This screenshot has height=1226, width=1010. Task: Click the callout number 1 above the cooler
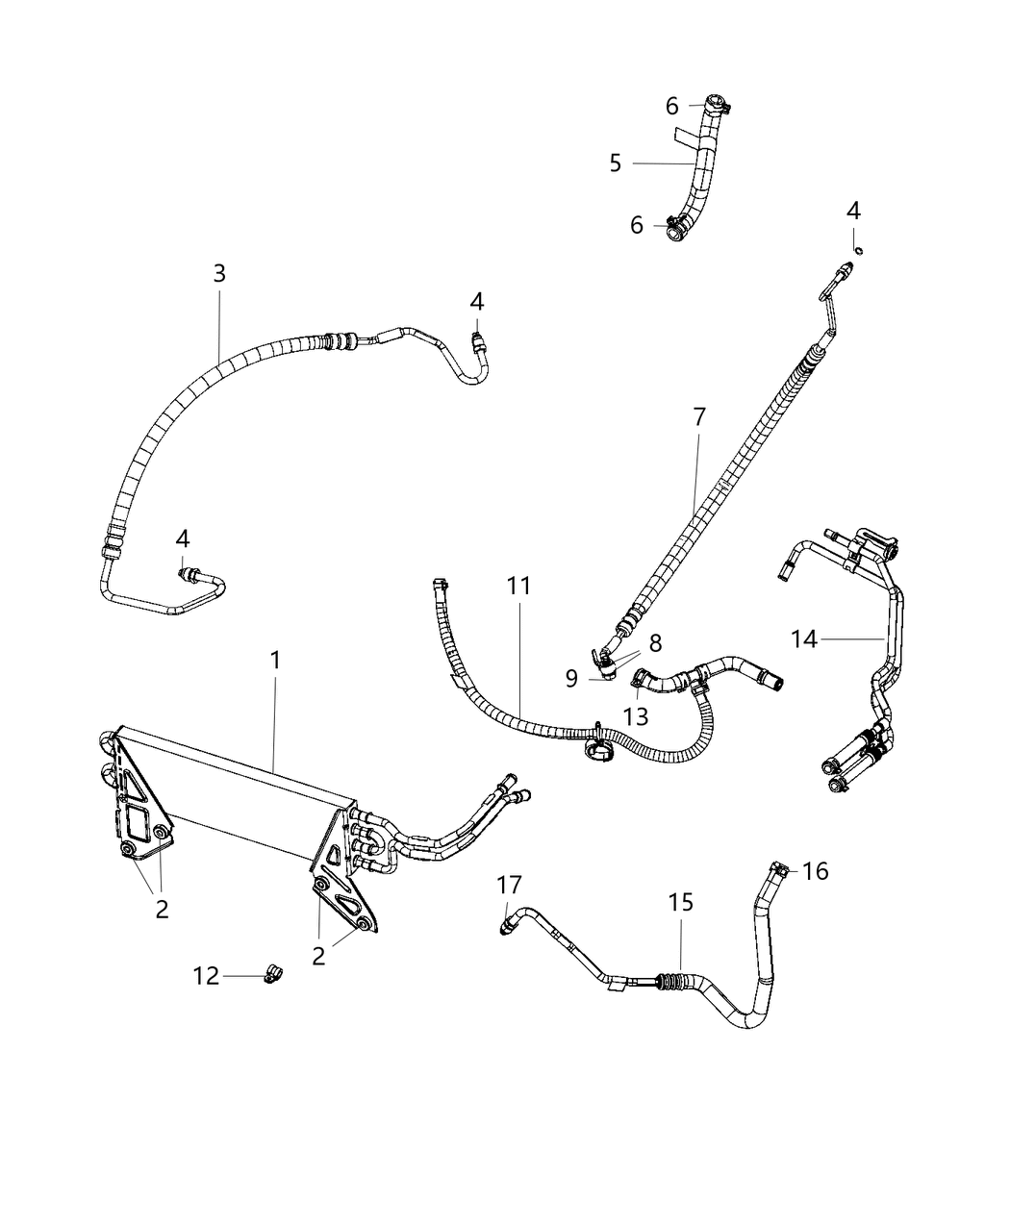pyautogui.click(x=275, y=661)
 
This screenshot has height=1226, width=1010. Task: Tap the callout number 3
pyautogui.click(x=219, y=273)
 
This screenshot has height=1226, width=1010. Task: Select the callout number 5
pyautogui.click(x=616, y=163)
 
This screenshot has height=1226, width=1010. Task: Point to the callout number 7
pyautogui.click(x=699, y=416)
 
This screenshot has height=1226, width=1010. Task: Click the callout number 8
pyautogui.click(x=655, y=642)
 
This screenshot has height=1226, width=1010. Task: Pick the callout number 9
pyautogui.click(x=571, y=679)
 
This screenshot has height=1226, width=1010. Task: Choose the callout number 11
pyautogui.click(x=518, y=586)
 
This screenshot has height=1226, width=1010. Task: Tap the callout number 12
pyautogui.click(x=206, y=976)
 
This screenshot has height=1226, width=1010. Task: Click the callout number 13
pyautogui.click(x=636, y=716)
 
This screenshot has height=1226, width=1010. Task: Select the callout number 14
pyautogui.click(x=804, y=638)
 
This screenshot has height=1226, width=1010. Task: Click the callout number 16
pyautogui.click(x=815, y=871)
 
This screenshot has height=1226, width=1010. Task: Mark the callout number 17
pyautogui.click(x=509, y=884)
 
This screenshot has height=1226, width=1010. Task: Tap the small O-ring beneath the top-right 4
pyautogui.click(x=859, y=251)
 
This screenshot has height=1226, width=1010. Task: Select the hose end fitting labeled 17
pyautogui.click(x=507, y=925)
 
